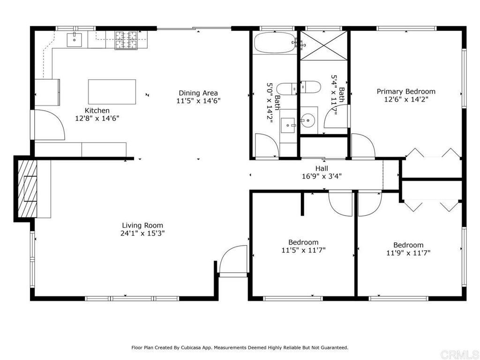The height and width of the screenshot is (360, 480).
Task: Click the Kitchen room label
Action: click(x=97, y=111)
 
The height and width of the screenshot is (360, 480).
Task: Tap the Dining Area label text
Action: click(x=198, y=93)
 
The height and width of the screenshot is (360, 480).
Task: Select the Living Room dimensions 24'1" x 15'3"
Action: click(x=142, y=233)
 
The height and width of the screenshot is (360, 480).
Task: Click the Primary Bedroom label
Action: click(x=406, y=91)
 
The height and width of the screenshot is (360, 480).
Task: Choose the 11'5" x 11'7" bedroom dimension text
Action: click(x=303, y=250)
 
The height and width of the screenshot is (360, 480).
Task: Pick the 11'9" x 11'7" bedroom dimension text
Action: click(x=408, y=253)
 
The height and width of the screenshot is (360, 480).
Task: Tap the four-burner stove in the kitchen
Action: click(x=126, y=40)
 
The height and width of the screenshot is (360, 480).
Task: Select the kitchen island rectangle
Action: click(x=112, y=91)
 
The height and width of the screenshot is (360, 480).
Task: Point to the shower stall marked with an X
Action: click(x=323, y=45)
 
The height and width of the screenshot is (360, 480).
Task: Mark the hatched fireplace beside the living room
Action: click(x=30, y=187)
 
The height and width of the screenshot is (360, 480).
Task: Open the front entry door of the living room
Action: click(x=233, y=260)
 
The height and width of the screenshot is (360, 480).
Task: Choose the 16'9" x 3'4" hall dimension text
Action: click(x=322, y=176)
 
